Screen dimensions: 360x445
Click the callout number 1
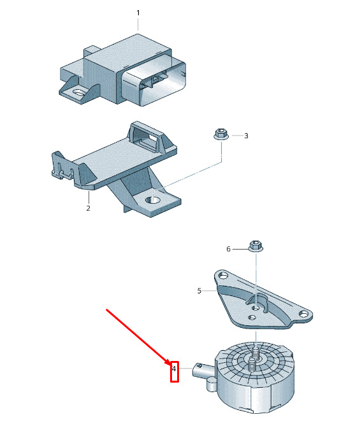click(138, 13)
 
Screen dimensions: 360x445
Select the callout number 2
click(88, 208)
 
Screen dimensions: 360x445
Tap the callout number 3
click(246, 136)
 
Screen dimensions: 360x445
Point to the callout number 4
click(174, 369)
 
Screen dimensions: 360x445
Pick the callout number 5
click(199, 291)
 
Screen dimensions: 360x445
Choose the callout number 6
click(229, 249)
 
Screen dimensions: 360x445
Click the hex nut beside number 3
click(220, 134)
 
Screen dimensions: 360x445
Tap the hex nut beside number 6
click(256, 246)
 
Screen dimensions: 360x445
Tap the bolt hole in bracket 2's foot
click(152, 200)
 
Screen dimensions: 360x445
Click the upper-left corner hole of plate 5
click(224, 275)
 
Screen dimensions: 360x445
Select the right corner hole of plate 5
click(304, 314)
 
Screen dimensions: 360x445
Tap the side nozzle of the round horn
click(203, 372)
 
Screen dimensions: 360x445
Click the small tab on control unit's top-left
click(91, 50)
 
